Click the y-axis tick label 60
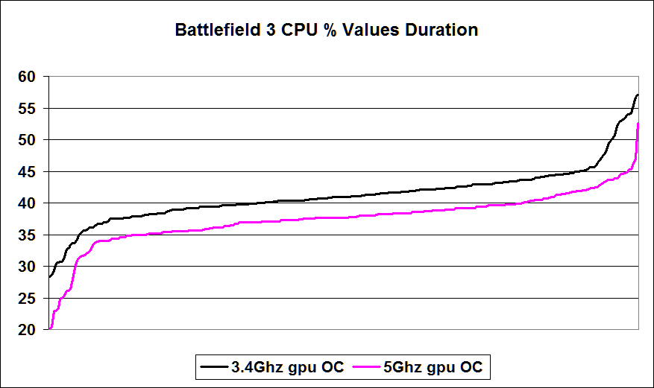[x=27, y=77]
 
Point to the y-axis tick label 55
[x=27, y=109]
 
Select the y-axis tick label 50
[x=27, y=140]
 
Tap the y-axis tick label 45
[x=27, y=172]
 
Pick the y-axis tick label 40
[x=27, y=203]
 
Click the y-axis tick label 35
[x=27, y=235]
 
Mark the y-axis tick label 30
[x=27, y=267]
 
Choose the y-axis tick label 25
[x=27, y=299]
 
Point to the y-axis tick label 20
[x=27, y=330]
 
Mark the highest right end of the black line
[x=638, y=95]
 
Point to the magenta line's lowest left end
[x=49, y=328]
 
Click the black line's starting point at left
[x=49, y=277]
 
